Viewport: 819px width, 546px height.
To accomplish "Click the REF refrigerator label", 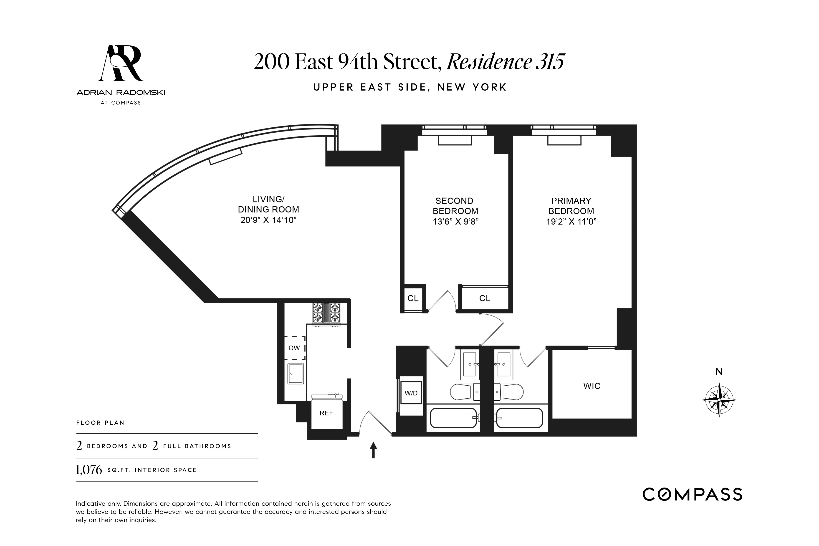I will pos(326,413).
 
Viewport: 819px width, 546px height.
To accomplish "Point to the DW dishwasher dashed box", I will pos(295,348).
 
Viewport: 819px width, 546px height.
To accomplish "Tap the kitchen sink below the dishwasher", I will pos(295,374).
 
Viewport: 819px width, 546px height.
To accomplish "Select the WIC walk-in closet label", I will pos(592,386).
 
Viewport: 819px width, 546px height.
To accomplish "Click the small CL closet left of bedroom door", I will pos(413,298).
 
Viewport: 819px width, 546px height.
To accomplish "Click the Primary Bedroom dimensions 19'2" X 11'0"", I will pos(571,221).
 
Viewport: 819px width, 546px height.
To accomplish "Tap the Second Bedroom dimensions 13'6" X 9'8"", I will pos(455,221).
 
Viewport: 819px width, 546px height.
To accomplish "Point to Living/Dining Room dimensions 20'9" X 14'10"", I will pos(268,220).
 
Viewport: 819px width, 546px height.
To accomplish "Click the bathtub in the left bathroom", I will pos(453,418).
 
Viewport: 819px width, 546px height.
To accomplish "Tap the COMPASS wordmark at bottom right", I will pos(692,494).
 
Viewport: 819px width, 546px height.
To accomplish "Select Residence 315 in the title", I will pos(505,62).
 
